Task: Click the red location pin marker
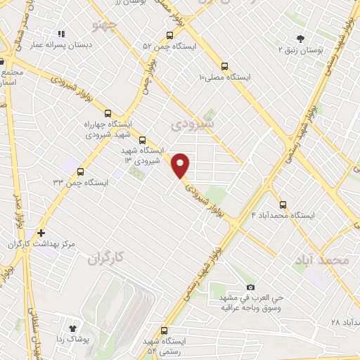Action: click(x=181, y=165)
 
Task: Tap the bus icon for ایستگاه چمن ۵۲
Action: click(x=169, y=36)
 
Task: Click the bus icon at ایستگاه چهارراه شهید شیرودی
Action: click(x=108, y=112)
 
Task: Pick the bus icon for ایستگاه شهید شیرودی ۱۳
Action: click(x=143, y=140)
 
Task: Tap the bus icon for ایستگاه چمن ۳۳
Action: click(x=80, y=172)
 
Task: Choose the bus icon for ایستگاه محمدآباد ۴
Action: click(x=283, y=205)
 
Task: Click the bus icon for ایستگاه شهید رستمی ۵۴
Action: click(x=165, y=330)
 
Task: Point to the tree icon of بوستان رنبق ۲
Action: click(x=301, y=39)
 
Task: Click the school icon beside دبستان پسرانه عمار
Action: click(x=62, y=33)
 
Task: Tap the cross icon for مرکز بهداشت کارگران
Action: click(x=41, y=233)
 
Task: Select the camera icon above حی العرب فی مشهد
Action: click(x=251, y=287)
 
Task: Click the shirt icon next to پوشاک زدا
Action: click(x=72, y=328)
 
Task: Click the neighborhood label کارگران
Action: click(x=105, y=259)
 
